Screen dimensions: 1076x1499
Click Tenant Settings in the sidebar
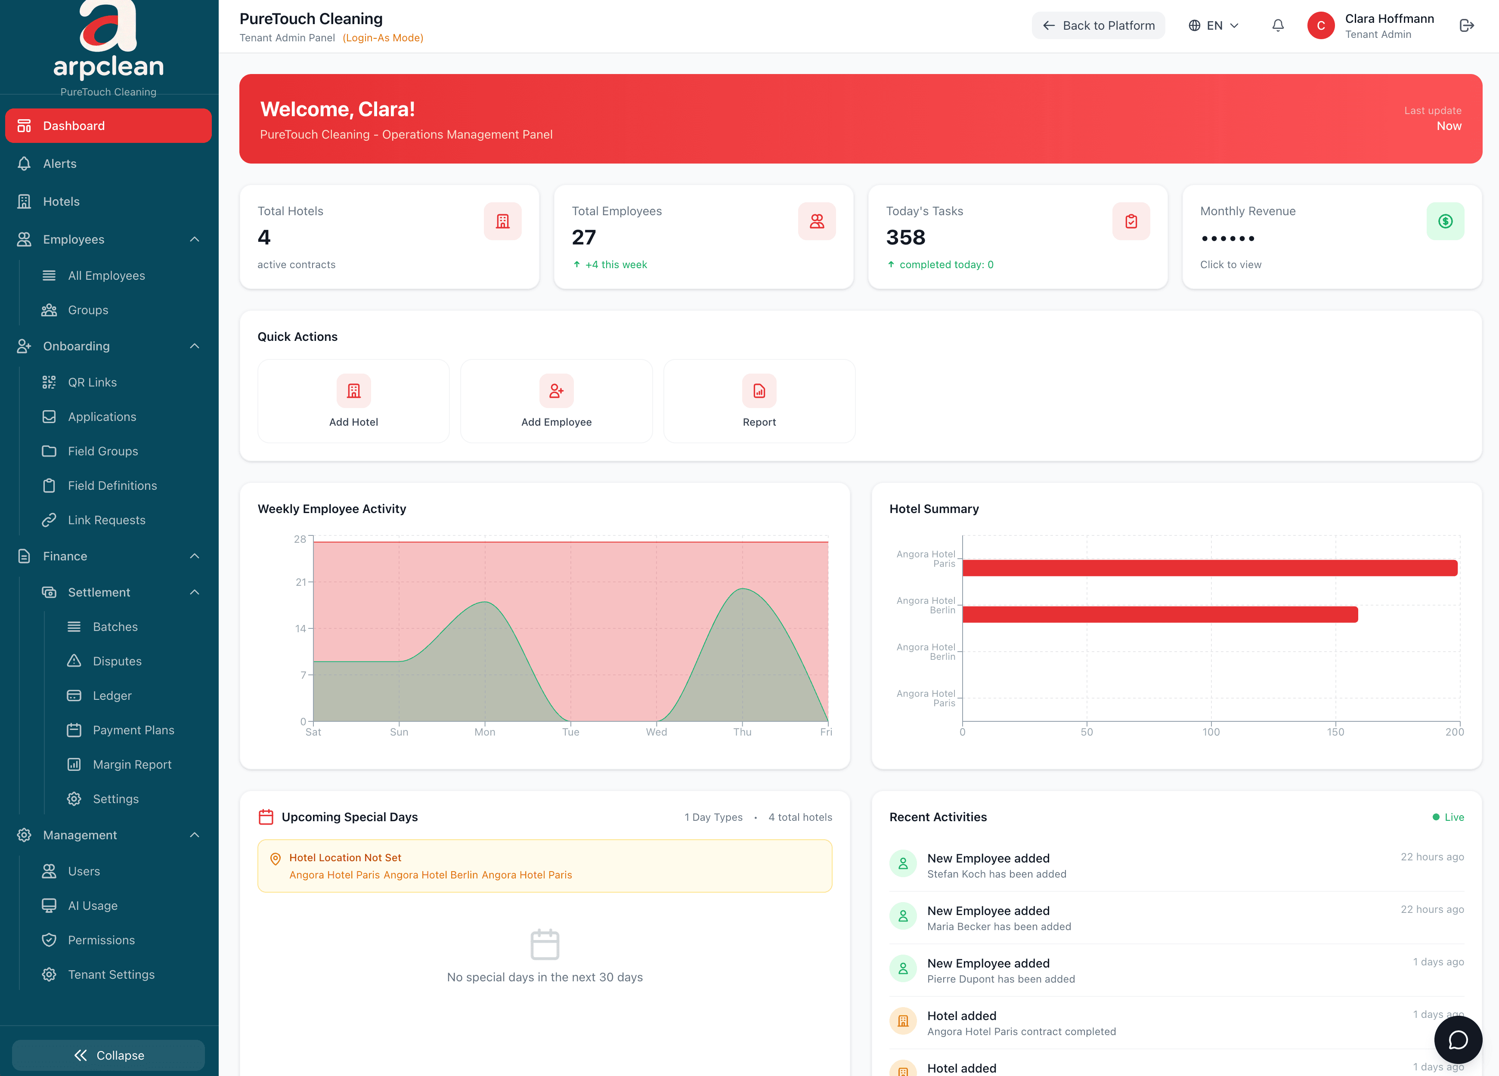[111, 975]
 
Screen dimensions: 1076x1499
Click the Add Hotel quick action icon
[353, 391]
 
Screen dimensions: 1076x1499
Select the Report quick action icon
[759, 391]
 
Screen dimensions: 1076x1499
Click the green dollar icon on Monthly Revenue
[1445, 221]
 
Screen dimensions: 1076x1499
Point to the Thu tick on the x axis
[742, 732]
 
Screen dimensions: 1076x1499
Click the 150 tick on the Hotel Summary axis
[1335, 732]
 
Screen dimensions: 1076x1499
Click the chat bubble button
[1457, 1040]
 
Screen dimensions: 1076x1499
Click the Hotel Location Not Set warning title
[345, 858]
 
